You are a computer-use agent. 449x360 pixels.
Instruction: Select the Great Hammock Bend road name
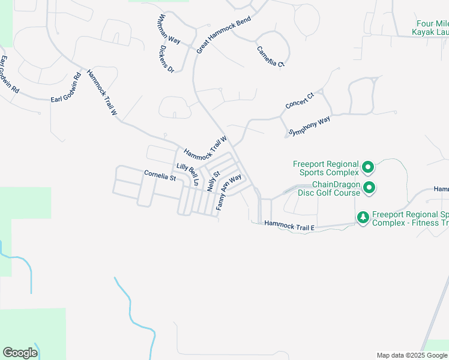pos(223,35)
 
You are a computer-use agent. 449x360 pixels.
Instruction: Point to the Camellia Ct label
pos(270,56)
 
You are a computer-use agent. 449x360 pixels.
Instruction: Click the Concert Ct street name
pos(300,100)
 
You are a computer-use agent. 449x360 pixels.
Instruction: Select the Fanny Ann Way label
pos(229,191)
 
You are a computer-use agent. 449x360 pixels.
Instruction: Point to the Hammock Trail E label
pos(290,225)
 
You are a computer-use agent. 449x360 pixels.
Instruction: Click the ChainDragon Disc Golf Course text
pos(336,188)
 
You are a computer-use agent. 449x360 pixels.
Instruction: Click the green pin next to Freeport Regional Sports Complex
pos(369,167)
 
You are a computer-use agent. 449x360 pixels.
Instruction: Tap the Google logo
pos(20,353)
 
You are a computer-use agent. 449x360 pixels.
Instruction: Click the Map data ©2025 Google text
pos(412,355)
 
